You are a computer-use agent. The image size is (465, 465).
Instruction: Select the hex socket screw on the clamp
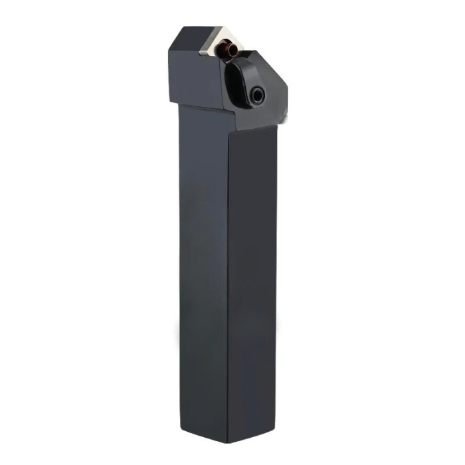[x=257, y=96]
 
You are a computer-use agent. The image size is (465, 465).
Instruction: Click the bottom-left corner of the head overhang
[x=171, y=101]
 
